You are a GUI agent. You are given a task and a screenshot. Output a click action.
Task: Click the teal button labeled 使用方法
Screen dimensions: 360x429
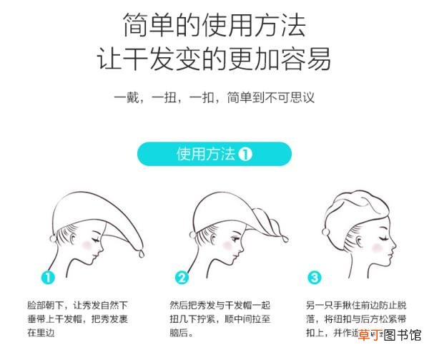tap(214, 155)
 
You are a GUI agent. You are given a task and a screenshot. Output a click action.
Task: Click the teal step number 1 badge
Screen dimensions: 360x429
tap(48, 277)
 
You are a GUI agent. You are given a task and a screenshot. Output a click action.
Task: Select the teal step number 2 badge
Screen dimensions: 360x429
tap(182, 277)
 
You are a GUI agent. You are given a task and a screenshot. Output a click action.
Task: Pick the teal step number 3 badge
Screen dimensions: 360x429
tap(315, 277)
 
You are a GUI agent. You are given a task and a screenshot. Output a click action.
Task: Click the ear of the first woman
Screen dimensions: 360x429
tap(66, 234)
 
